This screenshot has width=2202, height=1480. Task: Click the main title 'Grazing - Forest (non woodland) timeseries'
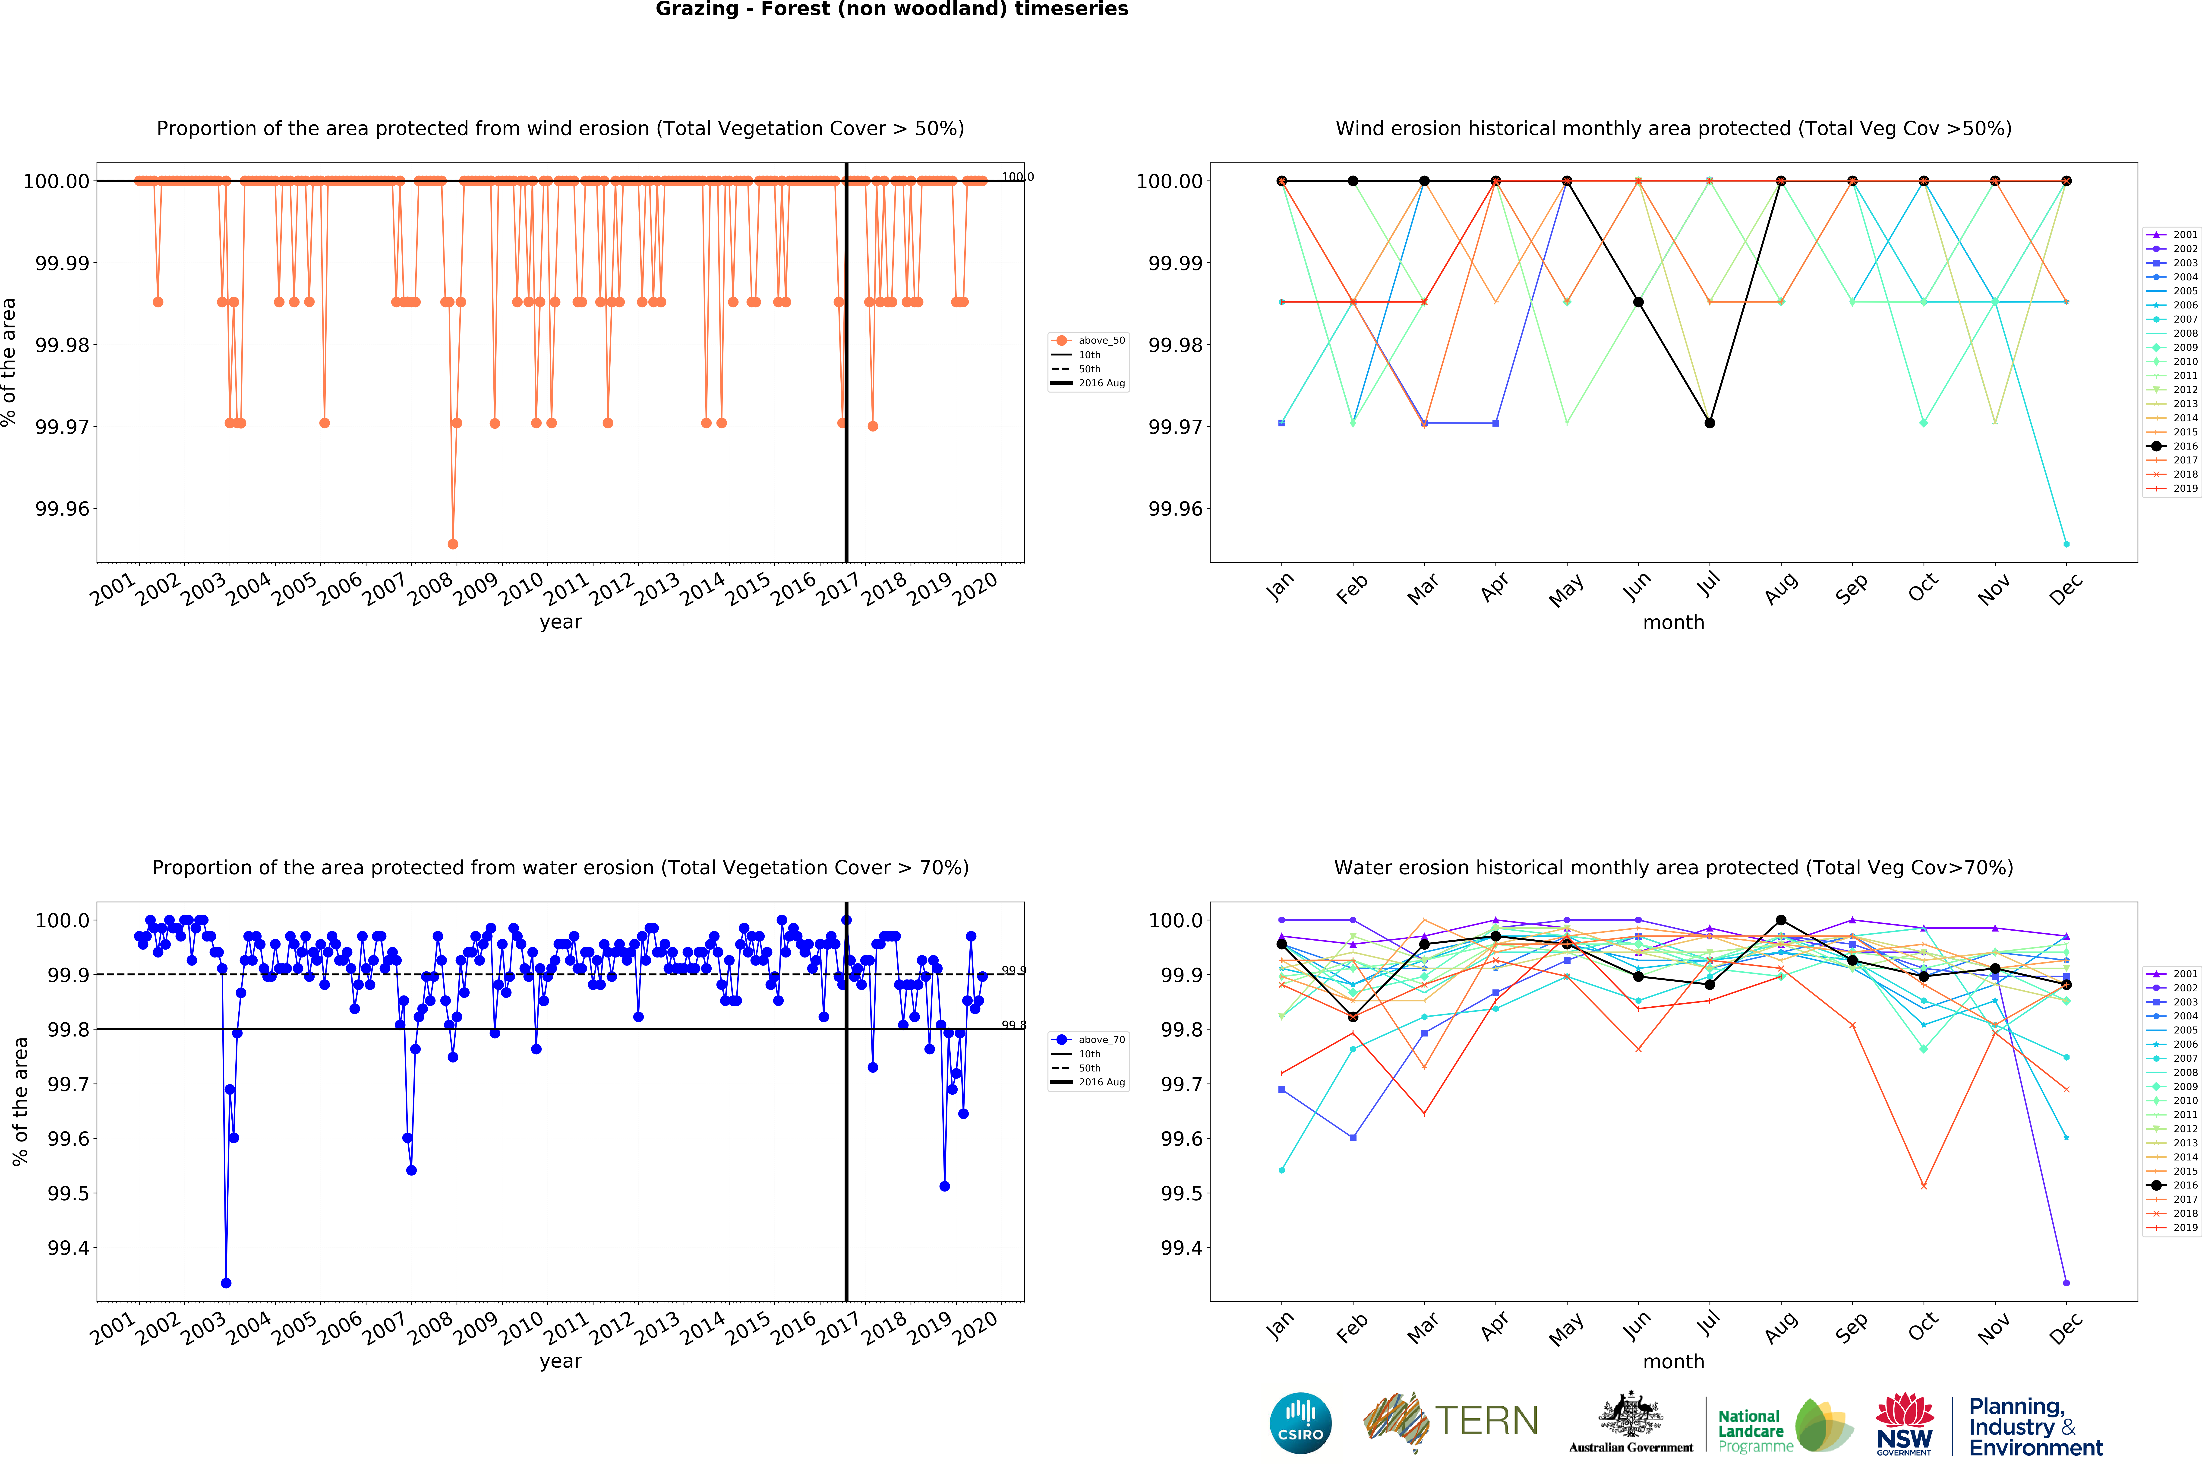[892, 10]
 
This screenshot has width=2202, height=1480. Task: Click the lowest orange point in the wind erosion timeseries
[453, 544]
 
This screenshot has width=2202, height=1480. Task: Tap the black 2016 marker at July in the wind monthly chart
[1710, 423]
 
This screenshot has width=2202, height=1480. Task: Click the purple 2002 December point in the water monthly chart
[2066, 1283]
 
